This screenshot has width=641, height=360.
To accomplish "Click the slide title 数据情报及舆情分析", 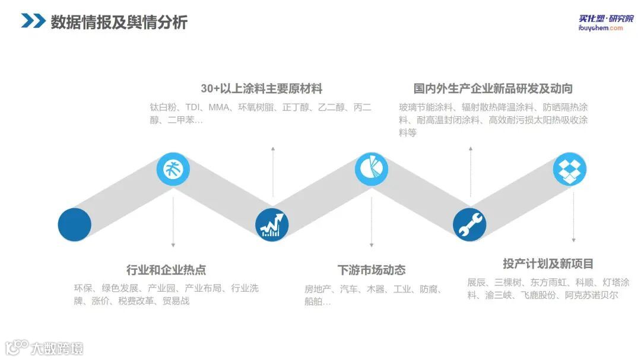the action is pyautogui.click(x=119, y=22).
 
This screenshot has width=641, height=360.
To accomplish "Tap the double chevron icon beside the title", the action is pyautogui.click(x=33, y=21).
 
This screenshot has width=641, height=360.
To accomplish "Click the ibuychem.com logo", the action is pyautogui.click(x=600, y=23).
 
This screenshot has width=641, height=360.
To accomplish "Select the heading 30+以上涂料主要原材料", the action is pyautogui.click(x=261, y=89).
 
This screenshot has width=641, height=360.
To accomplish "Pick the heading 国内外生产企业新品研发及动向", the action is pyautogui.click(x=493, y=89).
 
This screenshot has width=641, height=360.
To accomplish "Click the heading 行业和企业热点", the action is pyautogui.click(x=166, y=270).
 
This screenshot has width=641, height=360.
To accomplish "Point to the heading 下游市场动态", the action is pyautogui.click(x=372, y=270).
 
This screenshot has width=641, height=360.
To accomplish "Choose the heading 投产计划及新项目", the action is pyautogui.click(x=548, y=264).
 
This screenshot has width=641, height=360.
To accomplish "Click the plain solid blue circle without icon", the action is pyautogui.click(x=75, y=225).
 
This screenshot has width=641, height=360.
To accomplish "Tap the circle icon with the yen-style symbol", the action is pyautogui.click(x=173, y=169).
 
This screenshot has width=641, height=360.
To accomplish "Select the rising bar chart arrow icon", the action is pyautogui.click(x=272, y=225).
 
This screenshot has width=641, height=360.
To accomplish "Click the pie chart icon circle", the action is pyautogui.click(x=372, y=169).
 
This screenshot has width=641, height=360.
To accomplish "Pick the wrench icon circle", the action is pyautogui.click(x=469, y=225).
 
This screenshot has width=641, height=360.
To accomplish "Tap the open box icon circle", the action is pyautogui.click(x=570, y=169).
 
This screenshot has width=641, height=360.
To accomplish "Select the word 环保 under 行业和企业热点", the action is pyautogui.click(x=83, y=289).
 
